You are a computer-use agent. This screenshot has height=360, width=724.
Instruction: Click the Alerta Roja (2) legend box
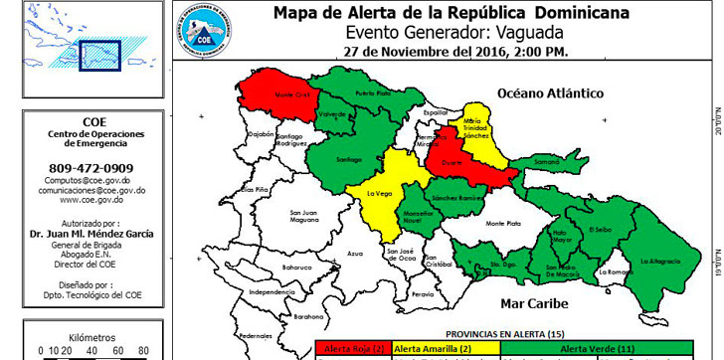click(353, 350)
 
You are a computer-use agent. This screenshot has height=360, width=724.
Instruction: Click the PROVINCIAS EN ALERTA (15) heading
click(504, 335)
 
